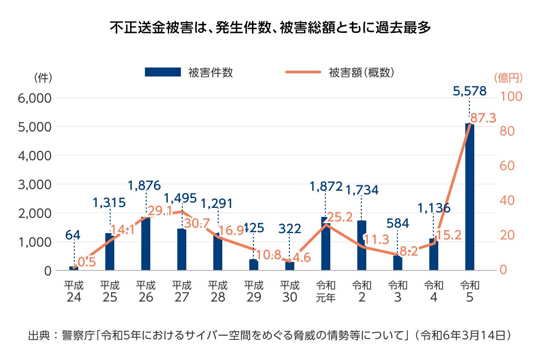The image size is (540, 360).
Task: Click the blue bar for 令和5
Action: [x=469, y=198]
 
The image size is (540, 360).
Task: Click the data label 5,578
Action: [x=470, y=91]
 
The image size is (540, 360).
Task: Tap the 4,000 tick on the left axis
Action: [x=35, y=156]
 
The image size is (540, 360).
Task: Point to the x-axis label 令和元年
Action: [x=325, y=292]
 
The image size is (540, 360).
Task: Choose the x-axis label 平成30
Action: [x=289, y=292]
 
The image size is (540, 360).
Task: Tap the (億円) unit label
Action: [x=508, y=78]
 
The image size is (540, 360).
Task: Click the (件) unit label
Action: [x=43, y=78]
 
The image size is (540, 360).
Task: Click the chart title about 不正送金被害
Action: [x=270, y=27]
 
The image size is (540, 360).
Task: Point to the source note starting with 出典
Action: [x=270, y=335]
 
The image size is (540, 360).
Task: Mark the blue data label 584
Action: [x=397, y=223]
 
